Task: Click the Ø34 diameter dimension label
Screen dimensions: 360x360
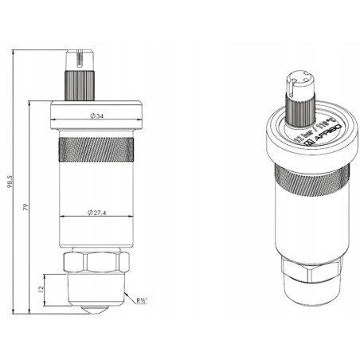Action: tap(96, 116)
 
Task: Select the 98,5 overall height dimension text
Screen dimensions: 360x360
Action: tap(10, 182)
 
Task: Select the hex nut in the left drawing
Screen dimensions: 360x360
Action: tap(96, 262)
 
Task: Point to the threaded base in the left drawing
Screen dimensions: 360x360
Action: tap(96, 289)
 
